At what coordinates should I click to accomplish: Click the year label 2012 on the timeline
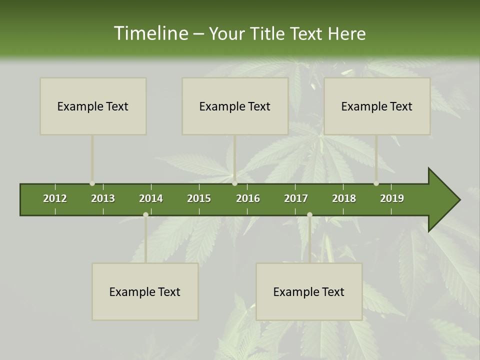55,198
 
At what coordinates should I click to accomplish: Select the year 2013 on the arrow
103,198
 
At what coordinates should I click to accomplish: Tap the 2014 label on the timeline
151,198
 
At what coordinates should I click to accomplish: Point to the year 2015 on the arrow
199,198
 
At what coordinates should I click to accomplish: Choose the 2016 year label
248,198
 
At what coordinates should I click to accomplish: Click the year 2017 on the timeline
296,198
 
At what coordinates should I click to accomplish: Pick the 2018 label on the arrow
344,198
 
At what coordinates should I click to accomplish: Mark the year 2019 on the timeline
392,198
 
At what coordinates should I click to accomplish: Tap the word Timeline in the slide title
150,33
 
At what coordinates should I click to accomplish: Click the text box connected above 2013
93,106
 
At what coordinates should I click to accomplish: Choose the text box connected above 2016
235,106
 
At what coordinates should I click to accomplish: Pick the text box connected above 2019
377,106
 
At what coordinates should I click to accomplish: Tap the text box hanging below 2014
145,291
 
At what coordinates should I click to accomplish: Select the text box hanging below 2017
309,291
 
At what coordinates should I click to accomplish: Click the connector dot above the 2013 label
92,183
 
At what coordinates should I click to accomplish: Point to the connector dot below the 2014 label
145,214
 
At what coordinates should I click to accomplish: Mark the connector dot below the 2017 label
309,214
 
